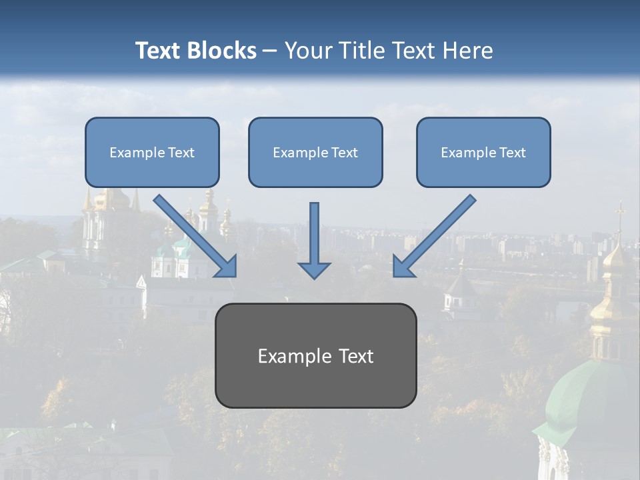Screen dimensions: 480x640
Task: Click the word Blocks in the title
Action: pos(224,51)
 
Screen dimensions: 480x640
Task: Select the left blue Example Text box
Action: pos(152,152)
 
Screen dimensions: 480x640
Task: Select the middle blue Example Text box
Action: pos(315,152)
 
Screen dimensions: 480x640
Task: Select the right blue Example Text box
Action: pos(483,152)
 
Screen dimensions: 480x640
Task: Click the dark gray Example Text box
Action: pos(315,355)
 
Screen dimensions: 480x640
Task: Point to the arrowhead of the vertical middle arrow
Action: pos(314,269)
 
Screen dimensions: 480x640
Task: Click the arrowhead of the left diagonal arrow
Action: pos(227,267)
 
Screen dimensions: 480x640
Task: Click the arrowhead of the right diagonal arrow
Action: pos(403,267)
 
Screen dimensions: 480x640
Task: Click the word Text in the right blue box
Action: pos(513,153)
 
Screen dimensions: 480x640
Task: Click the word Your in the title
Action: pos(307,51)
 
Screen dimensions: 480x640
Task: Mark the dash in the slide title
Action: pos(270,51)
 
